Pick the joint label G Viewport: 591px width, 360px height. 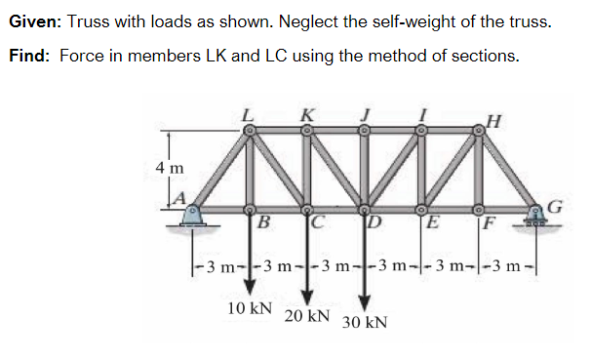(x=557, y=206)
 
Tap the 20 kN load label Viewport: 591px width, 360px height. (x=306, y=317)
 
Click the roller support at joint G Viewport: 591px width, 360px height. (x=537, y=217)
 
